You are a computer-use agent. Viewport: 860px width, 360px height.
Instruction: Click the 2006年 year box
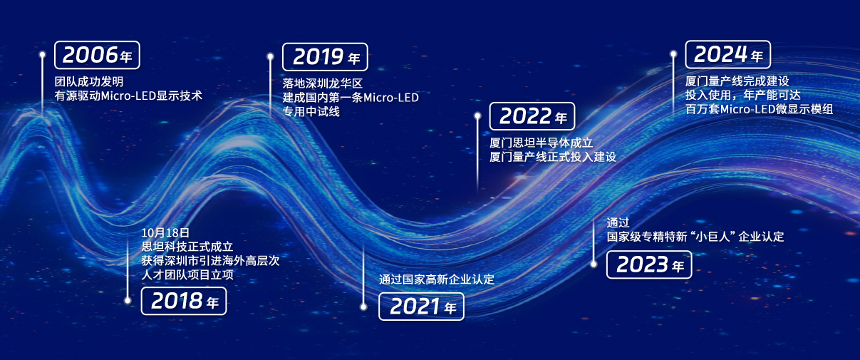97,55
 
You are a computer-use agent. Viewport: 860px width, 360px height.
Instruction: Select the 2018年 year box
184,301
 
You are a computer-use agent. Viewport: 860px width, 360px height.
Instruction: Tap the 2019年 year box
325,57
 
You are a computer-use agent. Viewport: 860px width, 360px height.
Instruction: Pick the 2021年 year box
421,307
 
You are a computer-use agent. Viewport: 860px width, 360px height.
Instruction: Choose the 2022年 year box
532,116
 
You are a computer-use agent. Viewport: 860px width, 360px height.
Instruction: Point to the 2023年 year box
649,264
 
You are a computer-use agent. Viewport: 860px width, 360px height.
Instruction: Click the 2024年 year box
728,55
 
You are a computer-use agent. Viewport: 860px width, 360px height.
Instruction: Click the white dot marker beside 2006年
43,55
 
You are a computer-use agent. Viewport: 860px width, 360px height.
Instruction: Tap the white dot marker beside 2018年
128,300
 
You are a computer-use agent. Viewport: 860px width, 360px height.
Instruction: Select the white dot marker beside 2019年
271,57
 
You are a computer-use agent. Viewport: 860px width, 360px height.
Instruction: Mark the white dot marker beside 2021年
363,307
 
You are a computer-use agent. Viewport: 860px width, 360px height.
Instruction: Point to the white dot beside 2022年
477,115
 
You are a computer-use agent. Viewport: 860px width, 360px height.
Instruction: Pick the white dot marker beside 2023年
594,264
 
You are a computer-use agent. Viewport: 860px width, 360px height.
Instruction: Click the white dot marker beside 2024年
673,54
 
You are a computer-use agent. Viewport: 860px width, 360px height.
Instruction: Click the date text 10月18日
165,232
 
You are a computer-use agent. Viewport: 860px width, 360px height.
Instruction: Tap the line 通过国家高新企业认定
437,279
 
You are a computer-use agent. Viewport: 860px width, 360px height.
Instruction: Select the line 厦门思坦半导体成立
542,143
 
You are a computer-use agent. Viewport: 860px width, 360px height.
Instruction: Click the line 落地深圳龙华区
323,83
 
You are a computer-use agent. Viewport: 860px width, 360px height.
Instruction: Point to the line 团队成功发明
89,81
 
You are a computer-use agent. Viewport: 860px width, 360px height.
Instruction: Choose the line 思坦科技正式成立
187,246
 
